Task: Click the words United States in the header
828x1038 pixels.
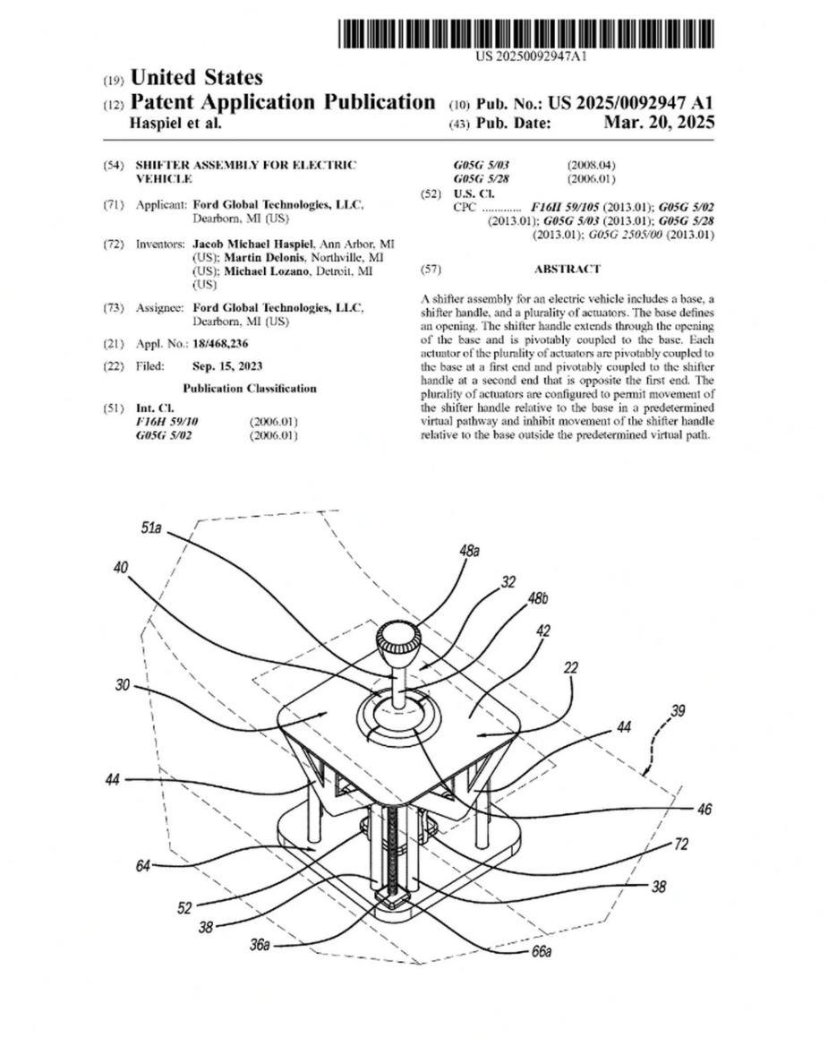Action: pos(196,78)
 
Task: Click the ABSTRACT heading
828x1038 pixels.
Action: pos(567,269)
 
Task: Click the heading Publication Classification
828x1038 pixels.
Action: pos(250,389)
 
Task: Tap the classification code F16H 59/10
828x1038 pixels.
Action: pos(166,421)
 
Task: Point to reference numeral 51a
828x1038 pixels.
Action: pos(151,531)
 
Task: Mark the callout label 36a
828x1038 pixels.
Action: pos(260,943)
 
